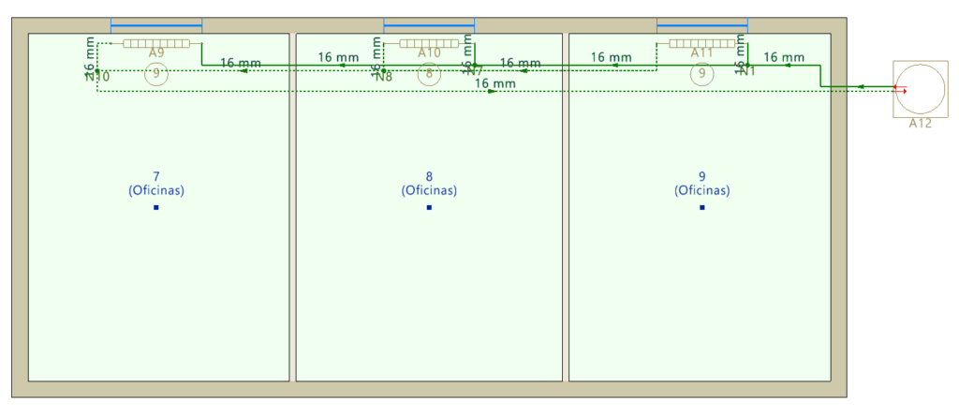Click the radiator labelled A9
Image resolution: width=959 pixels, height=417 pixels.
click(156, 43)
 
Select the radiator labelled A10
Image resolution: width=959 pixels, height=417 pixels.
click(429, 43)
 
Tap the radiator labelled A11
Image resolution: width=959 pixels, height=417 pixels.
click(701, 43)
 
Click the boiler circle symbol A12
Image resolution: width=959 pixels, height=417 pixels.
click(920, 88)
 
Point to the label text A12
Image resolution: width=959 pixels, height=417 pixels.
click(920, 124)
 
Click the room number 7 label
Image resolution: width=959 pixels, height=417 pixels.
click(155, 176)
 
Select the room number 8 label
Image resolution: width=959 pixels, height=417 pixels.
click(429, 176)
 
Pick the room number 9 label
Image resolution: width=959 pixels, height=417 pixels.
click(701, 176)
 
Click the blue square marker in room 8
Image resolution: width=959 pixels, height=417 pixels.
click(429, 207)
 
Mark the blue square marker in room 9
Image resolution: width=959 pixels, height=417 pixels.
click(701, 207)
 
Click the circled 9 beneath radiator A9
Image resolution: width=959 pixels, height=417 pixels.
click(156, 74)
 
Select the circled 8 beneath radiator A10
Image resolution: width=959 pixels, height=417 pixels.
click(429, 75)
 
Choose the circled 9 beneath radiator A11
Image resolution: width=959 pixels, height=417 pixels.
click(701, 75)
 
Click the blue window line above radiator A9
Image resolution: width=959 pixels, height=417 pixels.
click(156, 25)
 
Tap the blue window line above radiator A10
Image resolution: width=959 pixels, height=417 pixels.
click(429, 25)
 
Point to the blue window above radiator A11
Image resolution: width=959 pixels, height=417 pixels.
click(701, 25)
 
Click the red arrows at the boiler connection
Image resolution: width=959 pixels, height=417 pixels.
click(900, 89)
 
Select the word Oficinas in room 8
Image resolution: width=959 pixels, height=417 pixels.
click(429, 190)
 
